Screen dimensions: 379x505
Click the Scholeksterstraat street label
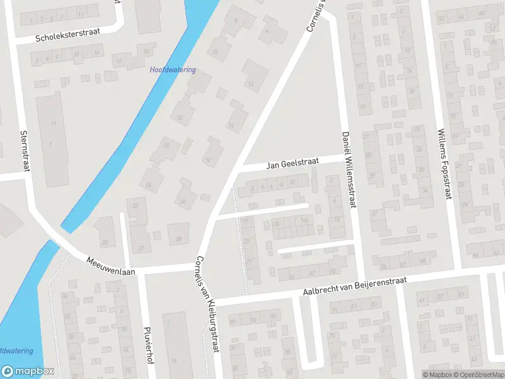pos(68,37)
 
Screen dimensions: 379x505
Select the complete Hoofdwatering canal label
pos(173,70)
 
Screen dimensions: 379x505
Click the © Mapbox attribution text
pos(436,375)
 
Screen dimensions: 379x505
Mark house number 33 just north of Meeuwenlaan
pos(105,243)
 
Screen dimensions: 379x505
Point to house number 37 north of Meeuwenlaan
pos(140,248)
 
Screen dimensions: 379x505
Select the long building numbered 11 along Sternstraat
pos(54,123)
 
